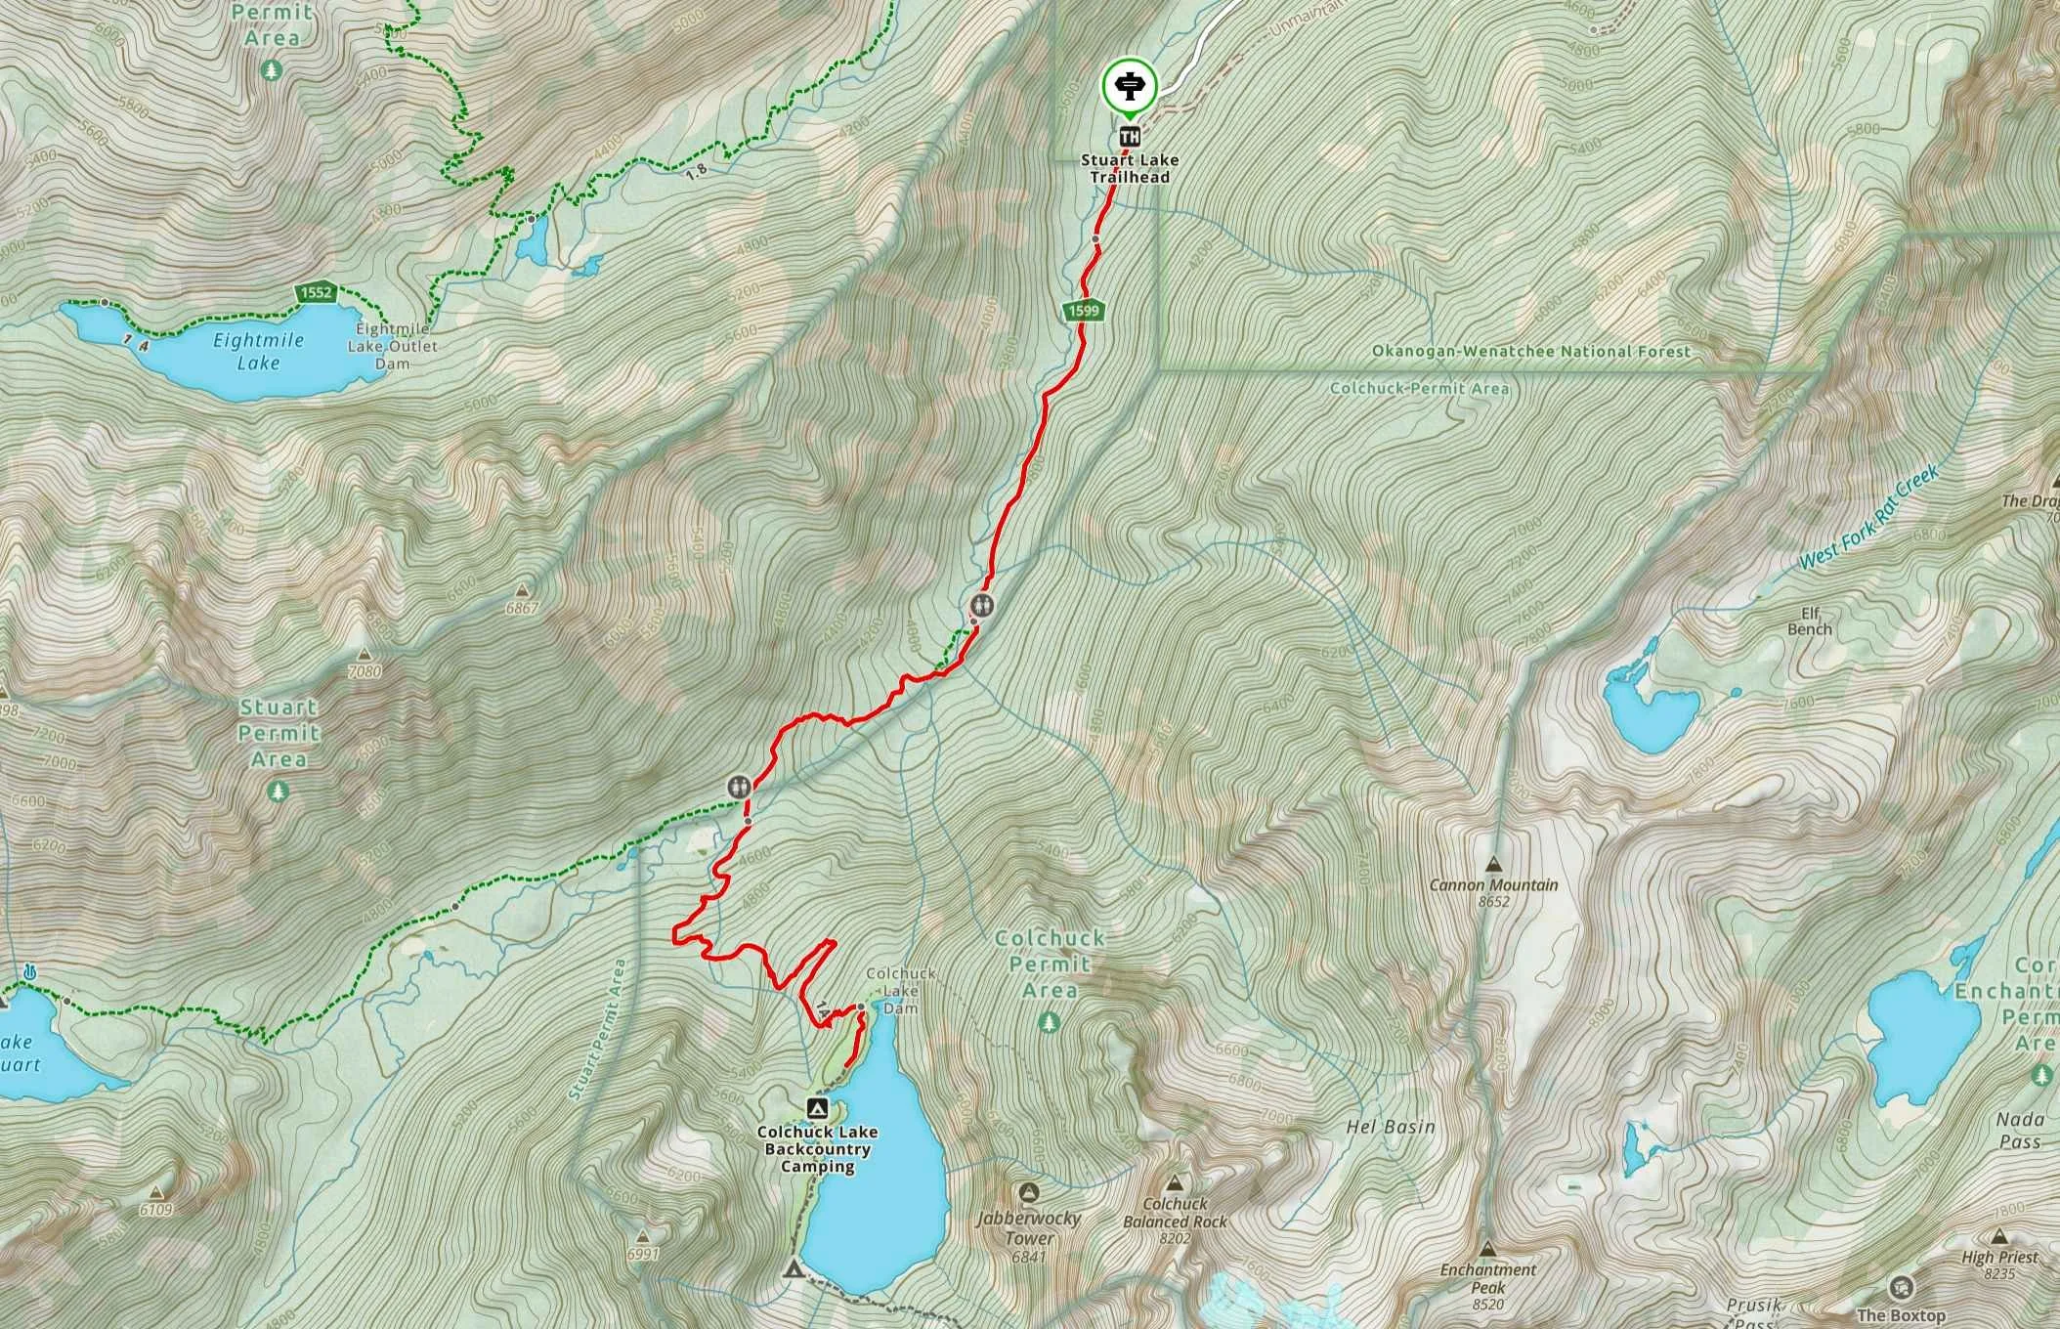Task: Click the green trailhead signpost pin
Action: click(x=1130, y=86)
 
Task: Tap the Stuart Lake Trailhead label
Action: click(x=1130, y=168)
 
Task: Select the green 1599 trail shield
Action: click(x=1084, y=311)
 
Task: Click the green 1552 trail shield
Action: click(x=317, y=292)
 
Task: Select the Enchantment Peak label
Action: click(x=1487, y=1277)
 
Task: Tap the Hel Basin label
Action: click(x=1391, y=1127)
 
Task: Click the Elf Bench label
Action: click(x=1809, y=622)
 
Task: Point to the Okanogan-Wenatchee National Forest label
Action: click(x=1530, y=351)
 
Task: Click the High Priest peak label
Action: click(x=1999, y=1257)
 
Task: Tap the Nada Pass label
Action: click(x=2019, y=1131)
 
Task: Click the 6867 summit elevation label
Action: click(x=523, y=608)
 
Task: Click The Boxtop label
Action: click(x=1901, y=1314)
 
